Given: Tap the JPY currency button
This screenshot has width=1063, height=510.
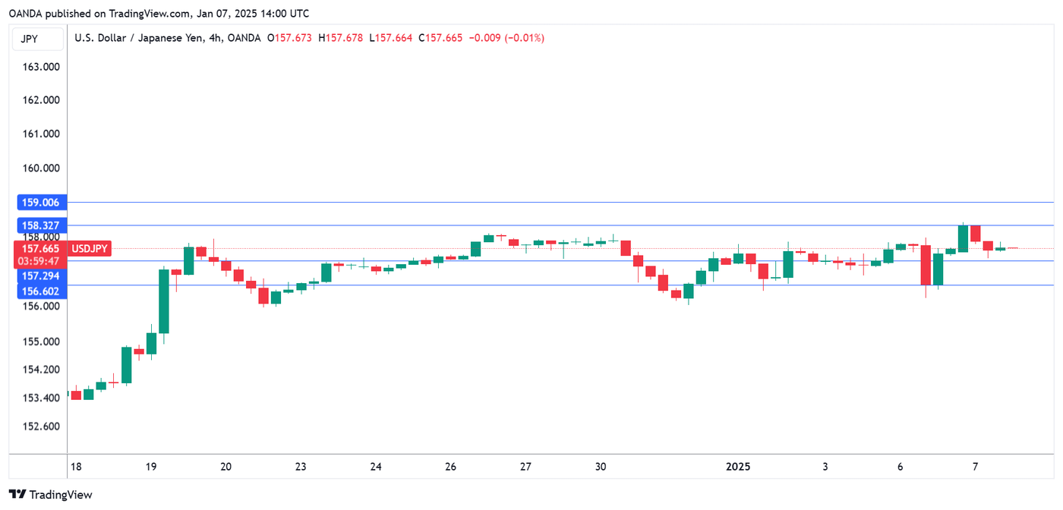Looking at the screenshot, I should pyautogui.click(x=30, y=39).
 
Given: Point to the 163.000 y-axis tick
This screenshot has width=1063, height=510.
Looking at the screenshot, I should pyautogui.click(x=42, y=67).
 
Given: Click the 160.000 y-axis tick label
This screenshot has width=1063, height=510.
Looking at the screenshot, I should pyautogui.click(x=42, y=168).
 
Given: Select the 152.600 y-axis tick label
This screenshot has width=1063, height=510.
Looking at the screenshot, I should pyautogui.click(x=42, y=426).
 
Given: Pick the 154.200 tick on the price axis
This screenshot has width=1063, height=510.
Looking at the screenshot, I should pyautogui.click(x=42, y=370).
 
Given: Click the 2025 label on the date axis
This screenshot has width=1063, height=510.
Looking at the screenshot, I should pyautogui.click(x=737, y=467).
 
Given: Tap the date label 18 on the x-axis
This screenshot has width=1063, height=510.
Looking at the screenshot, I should pyautogui.click(x=74, y=467).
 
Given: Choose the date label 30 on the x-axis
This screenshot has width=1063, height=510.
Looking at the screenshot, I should pyautogui.click(x=601, y=467).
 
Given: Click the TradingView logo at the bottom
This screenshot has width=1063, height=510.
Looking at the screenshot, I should pyautogui.click(x=50, y=495).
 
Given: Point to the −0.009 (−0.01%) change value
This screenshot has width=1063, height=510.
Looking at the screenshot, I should pyautogui.click(x=506, y=38).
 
